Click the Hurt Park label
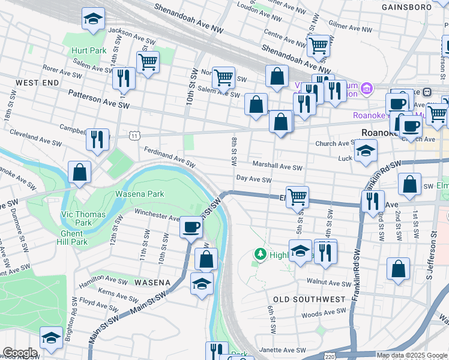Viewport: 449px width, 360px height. [88, 51]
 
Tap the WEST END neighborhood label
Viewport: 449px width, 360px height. [37, 82]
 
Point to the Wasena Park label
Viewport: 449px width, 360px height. [139, 194]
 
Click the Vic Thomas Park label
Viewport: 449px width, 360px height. [84, 218]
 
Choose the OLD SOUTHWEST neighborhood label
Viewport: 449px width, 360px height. [309, 299]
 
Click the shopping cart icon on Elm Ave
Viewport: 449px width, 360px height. [297, 196]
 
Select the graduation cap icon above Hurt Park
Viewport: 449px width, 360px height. [93, 20]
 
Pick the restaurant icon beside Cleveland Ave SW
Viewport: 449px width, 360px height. [97, 140]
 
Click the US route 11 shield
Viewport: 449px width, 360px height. [133, 136]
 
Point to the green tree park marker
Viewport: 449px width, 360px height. [260, 254]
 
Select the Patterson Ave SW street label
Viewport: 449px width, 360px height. [99, 99]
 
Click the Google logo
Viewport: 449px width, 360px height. [20, 353]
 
